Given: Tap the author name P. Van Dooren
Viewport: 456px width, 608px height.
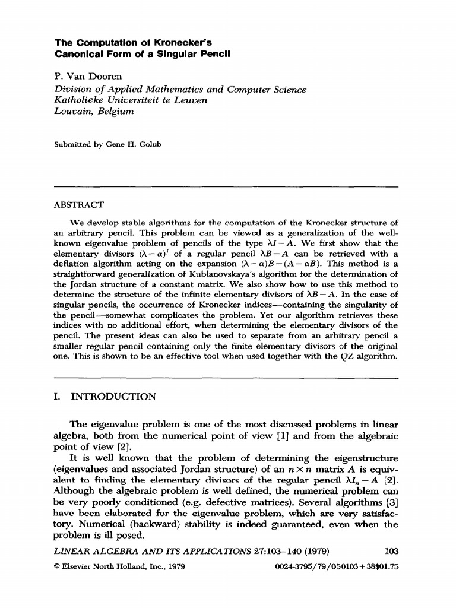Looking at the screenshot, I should [x=88, y=77].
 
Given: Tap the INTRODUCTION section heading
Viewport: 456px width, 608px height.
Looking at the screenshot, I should [x=114, y=397].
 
